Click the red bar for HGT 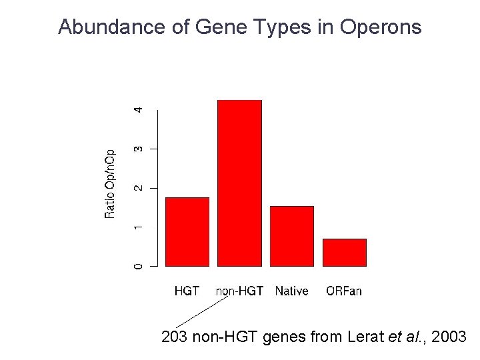(187, 232)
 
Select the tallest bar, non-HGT (239, 183)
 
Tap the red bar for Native (291, 236)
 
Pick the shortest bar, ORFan (344, 252)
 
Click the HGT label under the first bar (187, 291)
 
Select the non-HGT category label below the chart (239, 291)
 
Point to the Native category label (291, 291)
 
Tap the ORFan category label (344, 291)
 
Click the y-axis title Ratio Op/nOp (111, 183)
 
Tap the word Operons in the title (381, 27)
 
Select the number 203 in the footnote (175, 337)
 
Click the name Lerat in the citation (366, 337)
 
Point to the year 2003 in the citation (449, 337)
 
